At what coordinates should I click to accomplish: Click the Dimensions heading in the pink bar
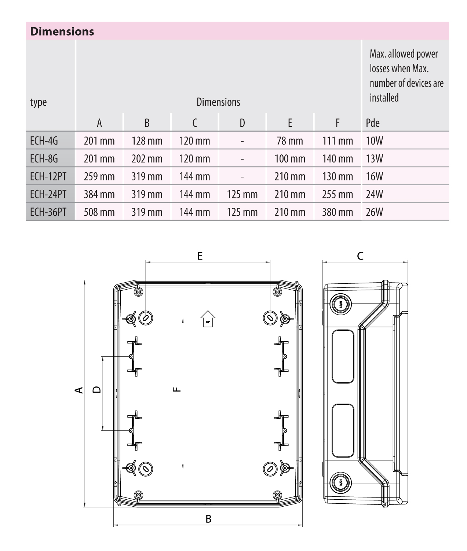(62, 31)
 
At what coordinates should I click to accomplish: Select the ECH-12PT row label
(48, 176)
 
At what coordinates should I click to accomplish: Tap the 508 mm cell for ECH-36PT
(99, 212)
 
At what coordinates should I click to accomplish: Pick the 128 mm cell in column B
(147, 141)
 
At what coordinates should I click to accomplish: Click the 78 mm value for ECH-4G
(290, 141)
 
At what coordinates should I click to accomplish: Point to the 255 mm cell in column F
(337, 194)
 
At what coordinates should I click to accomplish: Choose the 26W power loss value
(374, 212)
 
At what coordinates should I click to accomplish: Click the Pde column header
(373, 123)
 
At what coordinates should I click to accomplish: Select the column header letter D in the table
(242, 123)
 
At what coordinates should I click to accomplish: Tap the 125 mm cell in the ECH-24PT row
(242, 194)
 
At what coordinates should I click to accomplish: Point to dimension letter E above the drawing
(200, 256)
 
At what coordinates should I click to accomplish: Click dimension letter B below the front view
(208, 519)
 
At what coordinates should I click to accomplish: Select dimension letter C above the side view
(360, 256)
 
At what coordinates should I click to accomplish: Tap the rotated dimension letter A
(78, 390)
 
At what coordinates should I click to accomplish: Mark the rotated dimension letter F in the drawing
(176, 389)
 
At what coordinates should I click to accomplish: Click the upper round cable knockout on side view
(340, 304)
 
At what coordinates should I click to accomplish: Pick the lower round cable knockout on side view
(340, 482)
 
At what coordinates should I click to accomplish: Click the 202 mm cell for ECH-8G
(147, 159)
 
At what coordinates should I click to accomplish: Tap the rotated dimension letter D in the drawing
(96, 389)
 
